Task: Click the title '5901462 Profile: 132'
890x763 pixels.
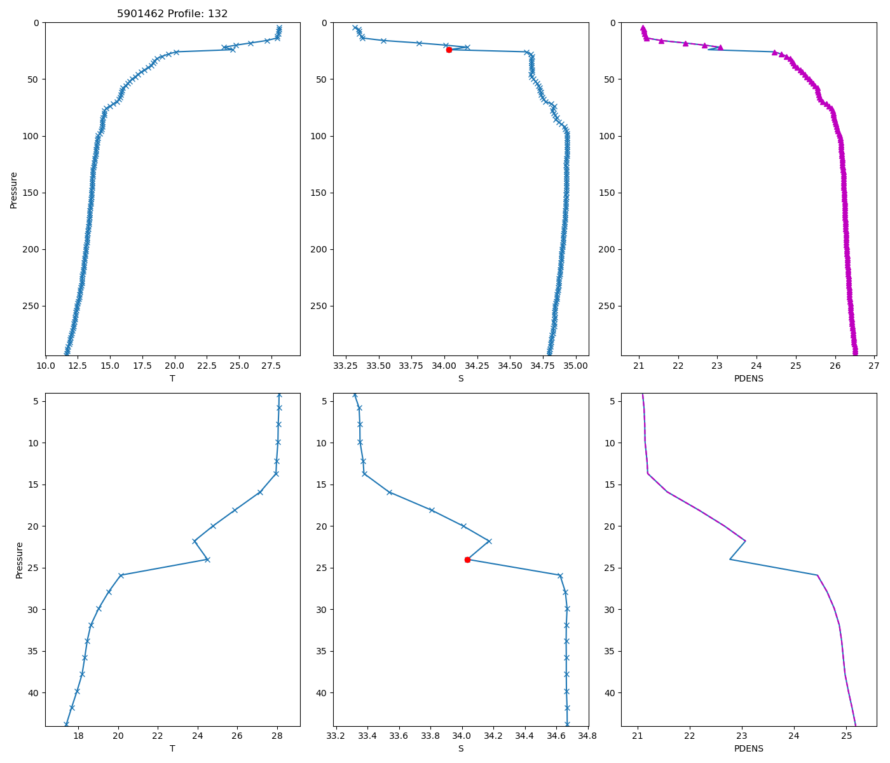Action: click(x=172, y=13)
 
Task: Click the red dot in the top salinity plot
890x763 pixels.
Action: click(x=449, y=50)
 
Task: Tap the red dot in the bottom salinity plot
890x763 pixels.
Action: click(x=467, y=560)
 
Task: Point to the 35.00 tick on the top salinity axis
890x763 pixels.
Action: click(x=575, y=366)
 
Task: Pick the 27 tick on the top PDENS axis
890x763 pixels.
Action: click(x=873, y=366)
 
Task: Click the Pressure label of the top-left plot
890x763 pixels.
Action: click(x=14, y=189)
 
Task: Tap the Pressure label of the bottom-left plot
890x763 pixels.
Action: click(x=19, y=560)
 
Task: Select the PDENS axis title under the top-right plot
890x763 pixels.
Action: click(x=749, y=378)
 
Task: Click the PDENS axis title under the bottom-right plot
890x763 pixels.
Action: click(x=749, y=748)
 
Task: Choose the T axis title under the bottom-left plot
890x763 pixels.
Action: click(x=172, y=748)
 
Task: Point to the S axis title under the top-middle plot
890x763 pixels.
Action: click(x=461, y=378)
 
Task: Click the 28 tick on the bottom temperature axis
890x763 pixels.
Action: click(x=277, y=736)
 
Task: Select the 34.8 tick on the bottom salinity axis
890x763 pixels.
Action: click(x=587, y=736)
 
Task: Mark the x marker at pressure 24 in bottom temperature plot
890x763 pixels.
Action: click(x=207, y=560)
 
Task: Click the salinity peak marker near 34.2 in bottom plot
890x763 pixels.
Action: click(x=489, y=541)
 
